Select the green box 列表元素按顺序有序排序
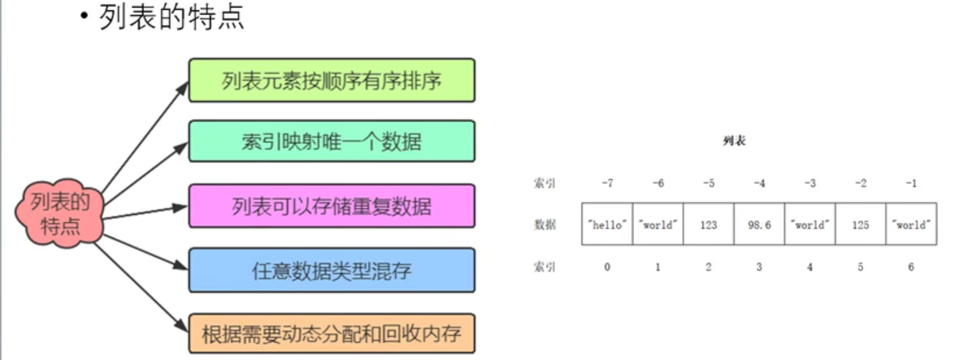[x=331, y=80]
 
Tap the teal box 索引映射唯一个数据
[x=331, y=141]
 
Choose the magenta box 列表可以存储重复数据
[x=331, y=206]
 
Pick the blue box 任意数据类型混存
[x=331, y=270]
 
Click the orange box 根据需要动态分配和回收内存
[x=331, y=334]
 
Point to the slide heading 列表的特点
[x=172, y=18]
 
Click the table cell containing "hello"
[x=608, y=225]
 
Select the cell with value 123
[x=708, y=225]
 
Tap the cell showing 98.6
[x=758, y=225]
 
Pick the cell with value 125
[x=860, y=225]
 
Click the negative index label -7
[x=608, y=184]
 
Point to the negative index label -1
[x=910, y=184]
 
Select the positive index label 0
[x=608, y=267]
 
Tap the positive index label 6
[x=910, y=267]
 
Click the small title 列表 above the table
[x=733, y=142]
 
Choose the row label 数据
[x=545, y=225]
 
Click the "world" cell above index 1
[x=658, y=225]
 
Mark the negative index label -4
[x=759, y=184]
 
